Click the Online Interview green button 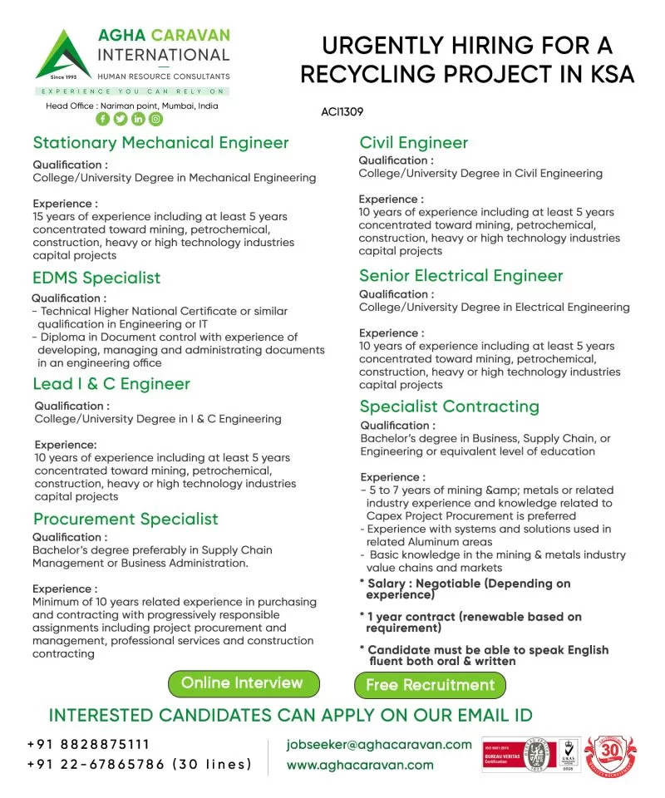click(242, 683)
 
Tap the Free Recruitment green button click(430, 685)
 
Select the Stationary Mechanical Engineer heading click(160, 142)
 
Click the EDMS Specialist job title click(96, 278)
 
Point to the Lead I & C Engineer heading click(111, 384)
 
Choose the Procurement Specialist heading click(126, 520)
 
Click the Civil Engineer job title click(413, 142)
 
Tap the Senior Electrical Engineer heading click(461, 276)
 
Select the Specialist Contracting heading click(449, 406)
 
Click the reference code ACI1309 click(341, 111)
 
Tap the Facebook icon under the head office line click(103, 119)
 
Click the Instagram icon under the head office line click(155, 119)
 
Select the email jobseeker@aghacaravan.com click(379, 745)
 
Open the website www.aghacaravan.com click(360, 765)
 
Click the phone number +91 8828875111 click(89, 745)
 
